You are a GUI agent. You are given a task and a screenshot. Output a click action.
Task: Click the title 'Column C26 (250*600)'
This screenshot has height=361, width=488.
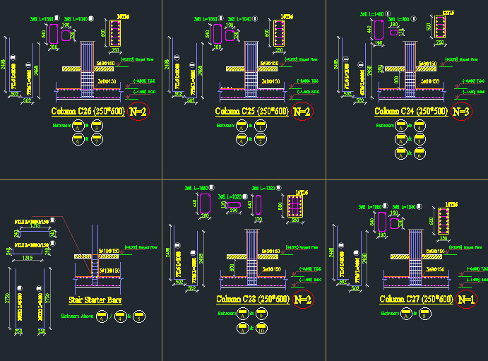pyautogui.click(x=88, y=112)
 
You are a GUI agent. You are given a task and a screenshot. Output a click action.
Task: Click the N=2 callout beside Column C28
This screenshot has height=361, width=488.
pyautogui.click(x=302, y=299)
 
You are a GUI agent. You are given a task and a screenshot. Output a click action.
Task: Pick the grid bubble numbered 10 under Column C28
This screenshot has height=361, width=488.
pyautogui.click(x=261, y=327)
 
